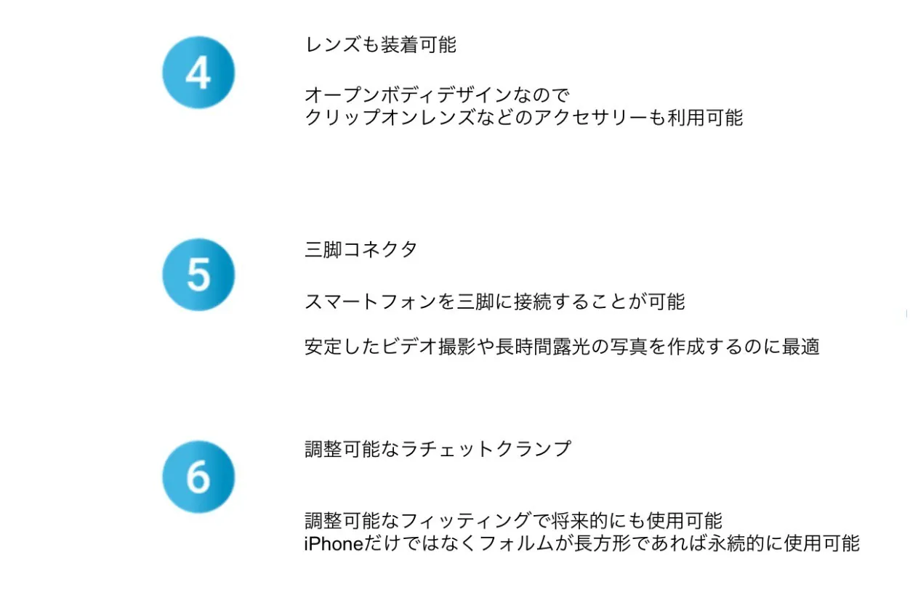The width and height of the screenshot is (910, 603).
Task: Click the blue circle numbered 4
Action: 198,72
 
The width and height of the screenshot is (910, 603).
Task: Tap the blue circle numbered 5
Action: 198,275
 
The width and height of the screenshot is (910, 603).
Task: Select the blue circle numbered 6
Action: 198,477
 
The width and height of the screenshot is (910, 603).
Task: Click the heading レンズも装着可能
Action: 381,44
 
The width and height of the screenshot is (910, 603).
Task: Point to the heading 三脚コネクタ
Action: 361,249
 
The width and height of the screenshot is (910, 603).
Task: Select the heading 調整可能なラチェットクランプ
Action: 438,449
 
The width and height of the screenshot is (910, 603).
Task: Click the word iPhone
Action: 334,543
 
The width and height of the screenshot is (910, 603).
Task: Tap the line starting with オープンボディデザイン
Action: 437,95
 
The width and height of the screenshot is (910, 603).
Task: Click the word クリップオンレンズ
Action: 390,118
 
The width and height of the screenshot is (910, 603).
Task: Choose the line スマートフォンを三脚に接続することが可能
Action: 495,301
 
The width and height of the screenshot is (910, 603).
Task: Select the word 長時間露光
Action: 543,347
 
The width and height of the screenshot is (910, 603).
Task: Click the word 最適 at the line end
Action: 800,347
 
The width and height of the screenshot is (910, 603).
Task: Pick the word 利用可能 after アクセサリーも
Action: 705,118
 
